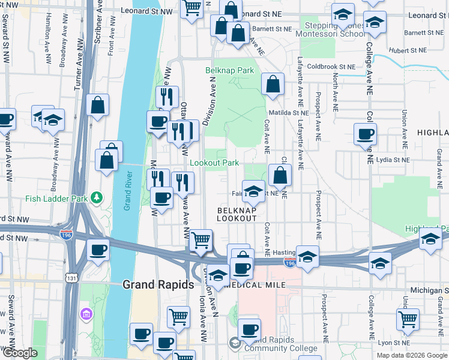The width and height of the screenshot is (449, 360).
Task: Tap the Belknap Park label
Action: point(230,71)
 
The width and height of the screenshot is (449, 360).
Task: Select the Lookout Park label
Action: point(214,163)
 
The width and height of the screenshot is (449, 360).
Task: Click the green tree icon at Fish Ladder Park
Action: point(95,198)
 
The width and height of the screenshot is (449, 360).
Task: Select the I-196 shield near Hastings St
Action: point(289,263)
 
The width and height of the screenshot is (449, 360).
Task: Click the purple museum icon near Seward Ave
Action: point(86,314)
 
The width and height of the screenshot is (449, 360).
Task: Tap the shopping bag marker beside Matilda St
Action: point(273,85)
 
